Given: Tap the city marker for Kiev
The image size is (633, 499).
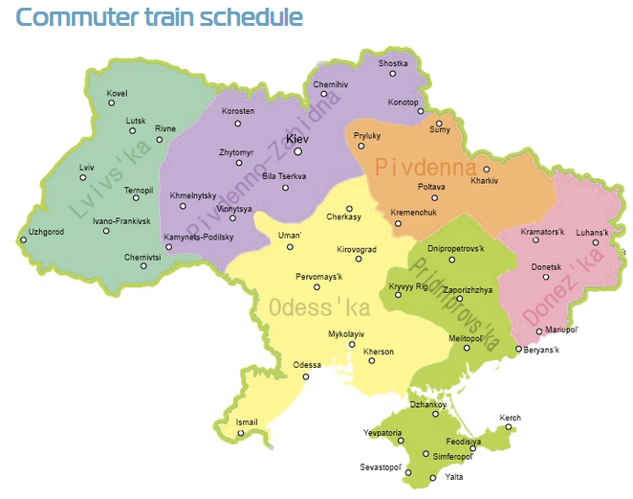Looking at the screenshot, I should [x=298, y=150].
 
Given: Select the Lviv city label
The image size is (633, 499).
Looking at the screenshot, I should [x=87, y=167].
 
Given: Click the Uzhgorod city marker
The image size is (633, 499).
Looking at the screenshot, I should [x=23, y=240].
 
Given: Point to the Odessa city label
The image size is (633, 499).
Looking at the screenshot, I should [x=307, y=365].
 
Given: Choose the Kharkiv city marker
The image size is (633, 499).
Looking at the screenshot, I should [x=486, y=170].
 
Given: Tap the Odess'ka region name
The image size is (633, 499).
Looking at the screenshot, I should [x=319, y=309].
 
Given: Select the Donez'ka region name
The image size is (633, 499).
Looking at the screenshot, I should [x=570, y=284].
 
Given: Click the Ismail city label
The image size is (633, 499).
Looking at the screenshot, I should [x=247, y=421].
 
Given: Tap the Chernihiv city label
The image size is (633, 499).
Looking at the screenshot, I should [x=331, y=83].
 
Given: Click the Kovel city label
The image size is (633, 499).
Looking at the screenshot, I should [x=117, y=93].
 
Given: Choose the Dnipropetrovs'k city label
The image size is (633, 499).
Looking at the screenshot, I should [x=456, y=249].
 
